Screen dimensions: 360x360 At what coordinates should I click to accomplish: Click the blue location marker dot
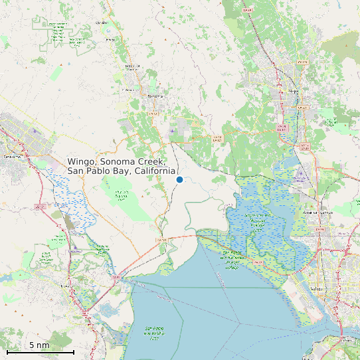click(x=179, y=179)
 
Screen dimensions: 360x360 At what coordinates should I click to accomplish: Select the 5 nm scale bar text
click(x=39, y=345)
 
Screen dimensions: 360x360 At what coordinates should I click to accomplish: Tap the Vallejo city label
click(x=319, y=289)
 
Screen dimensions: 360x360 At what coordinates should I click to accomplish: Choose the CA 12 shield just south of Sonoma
click(x=153, y=114)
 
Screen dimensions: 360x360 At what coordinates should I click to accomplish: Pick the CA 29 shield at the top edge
click(x=247, y=10)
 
